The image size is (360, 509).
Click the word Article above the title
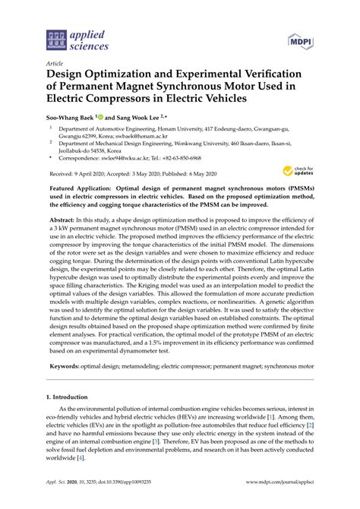[55, 64]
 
